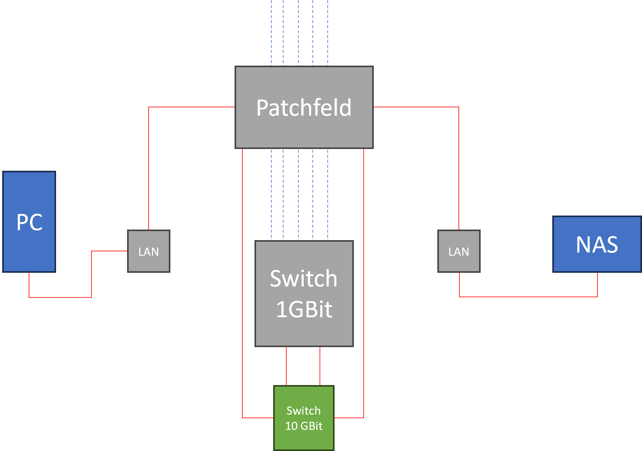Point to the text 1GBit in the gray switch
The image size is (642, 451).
(x=304, y=309)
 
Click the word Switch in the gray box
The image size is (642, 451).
(x=304, y=278)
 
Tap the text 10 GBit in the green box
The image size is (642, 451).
(x=304, y=426)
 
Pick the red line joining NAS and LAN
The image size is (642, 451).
(x=530, y=297)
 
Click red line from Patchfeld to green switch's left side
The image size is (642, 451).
(x=242, y=280)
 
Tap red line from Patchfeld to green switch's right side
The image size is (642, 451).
(x=364, y=280)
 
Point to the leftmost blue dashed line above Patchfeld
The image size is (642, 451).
(x=271, y=31)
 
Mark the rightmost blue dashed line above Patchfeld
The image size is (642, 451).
(x=328, y=31)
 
